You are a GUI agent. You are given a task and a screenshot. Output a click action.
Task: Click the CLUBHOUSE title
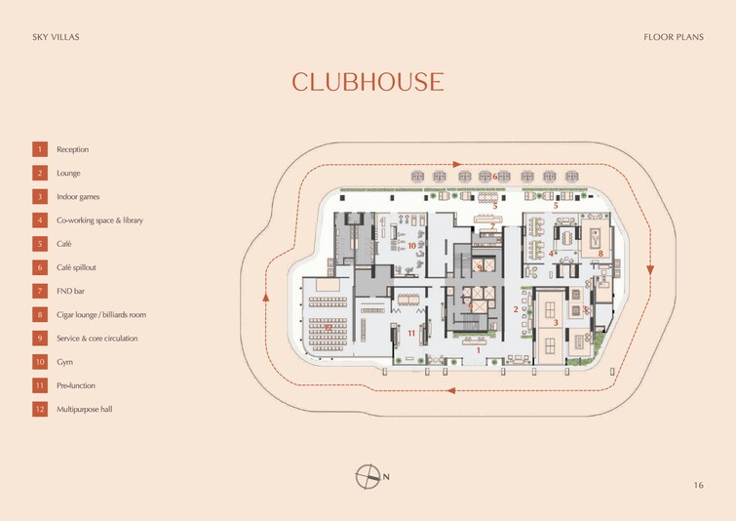pos(368,82)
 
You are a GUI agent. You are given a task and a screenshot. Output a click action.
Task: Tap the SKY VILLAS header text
pos(55,37)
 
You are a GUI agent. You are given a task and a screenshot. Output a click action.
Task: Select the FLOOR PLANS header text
pos(674,37)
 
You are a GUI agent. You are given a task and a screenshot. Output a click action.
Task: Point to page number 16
pos(698,485)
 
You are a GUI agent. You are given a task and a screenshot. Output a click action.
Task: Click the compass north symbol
pos(368,476)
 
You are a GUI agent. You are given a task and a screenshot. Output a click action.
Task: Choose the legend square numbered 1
pos(40,149)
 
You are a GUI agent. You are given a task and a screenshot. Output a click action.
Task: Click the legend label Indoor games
pos(78,196)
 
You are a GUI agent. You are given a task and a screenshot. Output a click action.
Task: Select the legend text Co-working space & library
pos(99,220)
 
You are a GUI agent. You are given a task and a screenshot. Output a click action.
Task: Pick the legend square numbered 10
pos(40,362)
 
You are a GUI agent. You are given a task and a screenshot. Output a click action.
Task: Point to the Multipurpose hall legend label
pos(84,409)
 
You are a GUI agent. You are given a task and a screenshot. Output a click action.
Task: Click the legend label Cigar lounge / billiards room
pos(101,315)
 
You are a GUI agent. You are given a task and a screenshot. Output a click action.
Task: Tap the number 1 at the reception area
pos(479,348)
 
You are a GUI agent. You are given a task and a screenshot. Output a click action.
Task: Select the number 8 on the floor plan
pos(600,254)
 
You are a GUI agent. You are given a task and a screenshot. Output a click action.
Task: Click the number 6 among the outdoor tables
pos(495,177)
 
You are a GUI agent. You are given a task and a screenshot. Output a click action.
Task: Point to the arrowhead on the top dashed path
pos(459,165)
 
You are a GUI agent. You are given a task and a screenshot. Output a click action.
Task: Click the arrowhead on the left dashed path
pos(264,295)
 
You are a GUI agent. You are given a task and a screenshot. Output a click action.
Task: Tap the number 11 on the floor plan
pos(412,334)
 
